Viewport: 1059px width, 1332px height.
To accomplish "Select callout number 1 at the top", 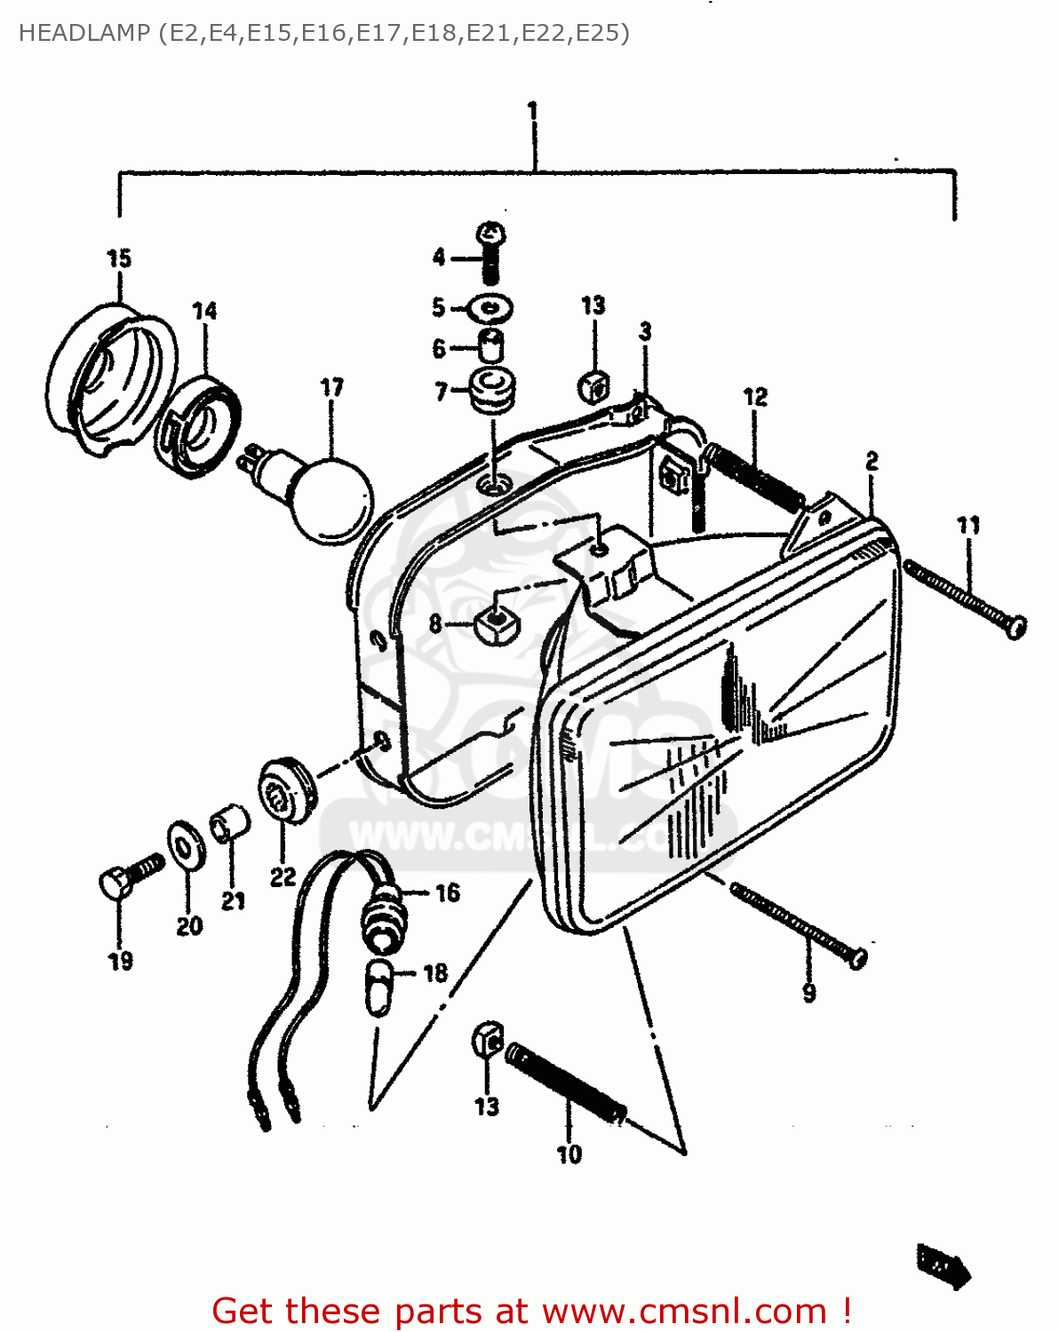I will tap(532, 112).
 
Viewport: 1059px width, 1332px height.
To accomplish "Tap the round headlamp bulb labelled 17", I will tap(330, 499).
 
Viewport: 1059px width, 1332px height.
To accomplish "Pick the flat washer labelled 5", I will tap(490, 309).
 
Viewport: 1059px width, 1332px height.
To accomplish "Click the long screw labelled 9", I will tap(797, 924).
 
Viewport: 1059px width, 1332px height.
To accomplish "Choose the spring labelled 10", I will tap(566, 1083).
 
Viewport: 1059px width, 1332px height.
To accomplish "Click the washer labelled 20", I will tap(185, 844).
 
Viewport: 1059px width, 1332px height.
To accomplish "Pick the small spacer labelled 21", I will tap(230, 822).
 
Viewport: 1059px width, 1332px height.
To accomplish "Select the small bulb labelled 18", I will tap(379, 987).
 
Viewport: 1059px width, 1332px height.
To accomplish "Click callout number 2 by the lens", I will tap(872, 462).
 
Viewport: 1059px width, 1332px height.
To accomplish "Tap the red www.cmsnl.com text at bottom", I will tap(684, 1311).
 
